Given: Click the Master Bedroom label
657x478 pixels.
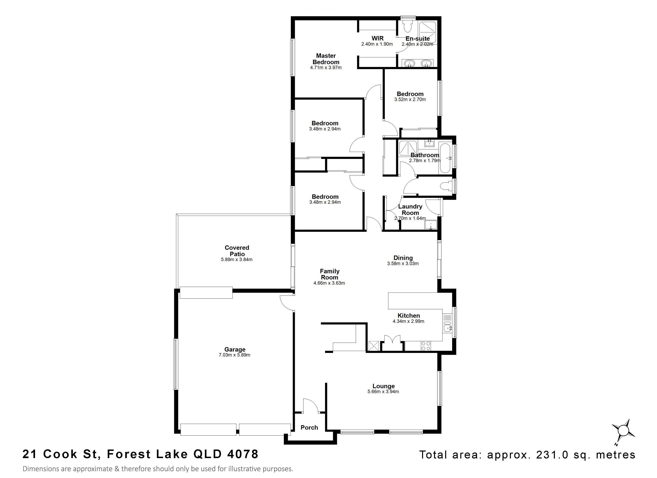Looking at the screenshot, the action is coord(326,59).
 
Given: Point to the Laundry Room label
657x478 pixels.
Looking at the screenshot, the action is coord(410,210).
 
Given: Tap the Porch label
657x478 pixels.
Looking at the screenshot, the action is coord(309,428).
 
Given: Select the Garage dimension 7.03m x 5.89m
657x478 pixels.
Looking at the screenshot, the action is coord(234,355).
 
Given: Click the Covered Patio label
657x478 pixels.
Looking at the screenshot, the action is coord(237,251).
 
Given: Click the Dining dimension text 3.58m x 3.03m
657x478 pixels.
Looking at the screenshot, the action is coord(403,263).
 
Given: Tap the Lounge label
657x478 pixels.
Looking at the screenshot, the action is coord(383,386).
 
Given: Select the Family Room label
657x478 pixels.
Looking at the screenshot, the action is coord(329,274).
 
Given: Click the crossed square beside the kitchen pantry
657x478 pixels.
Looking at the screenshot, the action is coord(373,346).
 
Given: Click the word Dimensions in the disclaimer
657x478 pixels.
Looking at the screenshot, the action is coord(39,469).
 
